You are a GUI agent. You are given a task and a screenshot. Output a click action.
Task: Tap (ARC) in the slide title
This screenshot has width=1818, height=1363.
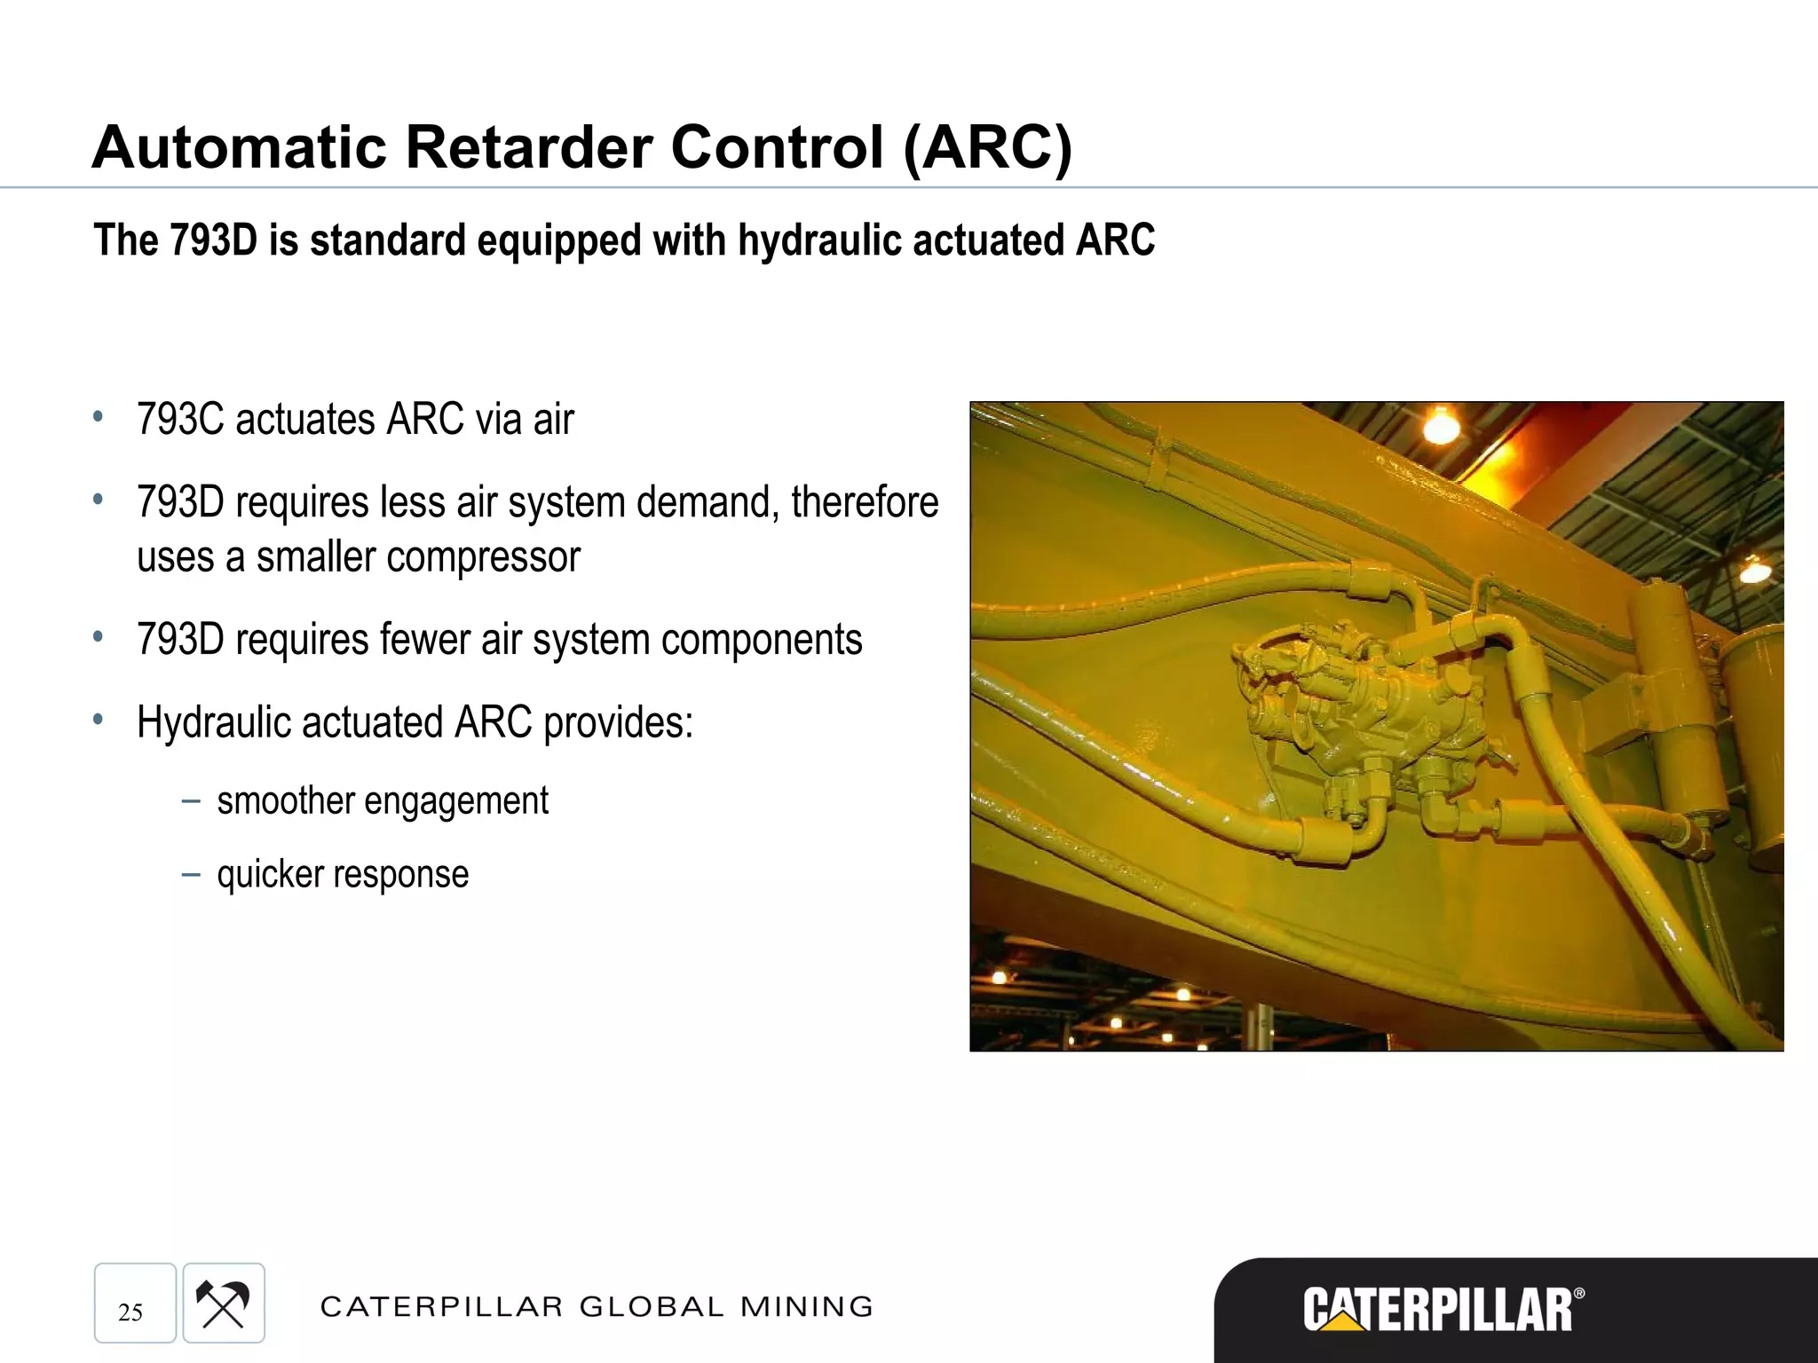(x=987, y=148)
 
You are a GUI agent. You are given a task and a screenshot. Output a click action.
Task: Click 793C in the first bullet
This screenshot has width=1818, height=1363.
(x=180, y=420)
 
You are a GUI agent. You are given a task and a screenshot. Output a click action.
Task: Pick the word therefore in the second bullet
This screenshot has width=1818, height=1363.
(x=865, y=502)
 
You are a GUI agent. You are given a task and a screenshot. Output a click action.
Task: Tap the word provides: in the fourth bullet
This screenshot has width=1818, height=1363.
(x=618, y=722)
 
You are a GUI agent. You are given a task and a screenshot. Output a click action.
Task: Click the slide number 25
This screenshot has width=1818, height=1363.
(x=130, y=1312)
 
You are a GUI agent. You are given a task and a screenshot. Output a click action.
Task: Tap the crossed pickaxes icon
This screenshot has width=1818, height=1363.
(x=223, y=1304)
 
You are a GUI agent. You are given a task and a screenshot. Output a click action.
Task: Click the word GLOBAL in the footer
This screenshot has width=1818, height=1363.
(x=652, y=1307)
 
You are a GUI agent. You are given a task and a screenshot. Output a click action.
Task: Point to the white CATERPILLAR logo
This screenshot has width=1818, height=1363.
(x=1437, y=1310)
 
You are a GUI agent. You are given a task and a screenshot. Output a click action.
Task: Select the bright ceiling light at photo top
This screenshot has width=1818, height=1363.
(x=1441, y=427)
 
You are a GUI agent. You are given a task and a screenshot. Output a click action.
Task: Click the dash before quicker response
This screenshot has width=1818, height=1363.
(x=190, y=875)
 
